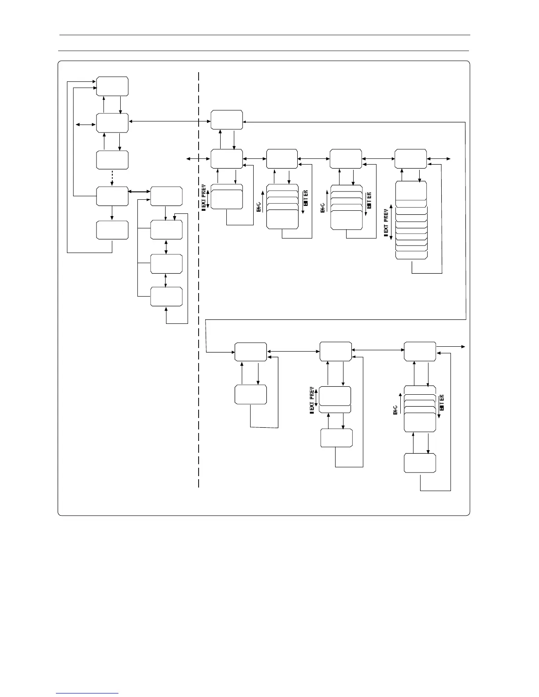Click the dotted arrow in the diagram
112,178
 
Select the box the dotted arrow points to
112,196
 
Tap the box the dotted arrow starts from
112,160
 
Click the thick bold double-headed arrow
139,191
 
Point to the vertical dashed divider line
199,282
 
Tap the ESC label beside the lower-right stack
395,410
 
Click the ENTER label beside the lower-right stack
442,403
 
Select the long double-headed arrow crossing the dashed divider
170,121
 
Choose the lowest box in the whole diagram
420,463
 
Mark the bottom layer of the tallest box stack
412,256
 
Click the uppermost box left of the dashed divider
112,86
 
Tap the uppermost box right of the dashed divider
226,120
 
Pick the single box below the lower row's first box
251,394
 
